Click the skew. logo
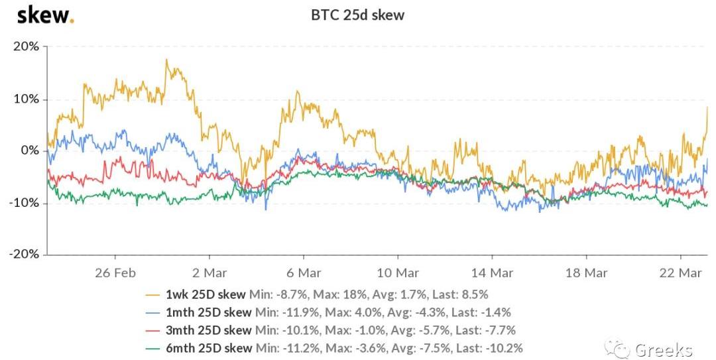coord(45,15)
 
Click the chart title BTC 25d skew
coord(357,14)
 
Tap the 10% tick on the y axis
coord(27,99)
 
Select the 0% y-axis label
coord(30,150)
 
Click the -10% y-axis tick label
coord(24,202)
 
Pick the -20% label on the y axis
coord(24,254)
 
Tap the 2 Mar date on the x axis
coord(209,272)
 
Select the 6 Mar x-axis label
coord(304,272)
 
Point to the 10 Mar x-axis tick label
coord(398,272)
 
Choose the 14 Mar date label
coord(492,272)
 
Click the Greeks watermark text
coord(664,349)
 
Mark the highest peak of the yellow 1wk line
coord(166,60)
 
